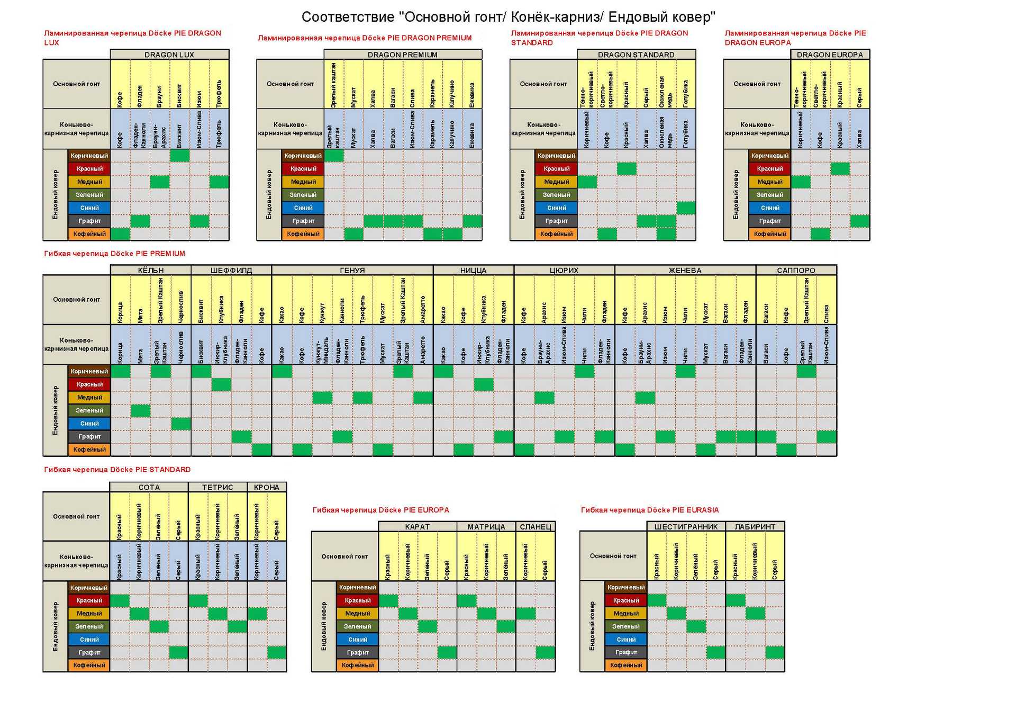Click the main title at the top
pyautogui.click(x=508, y=17)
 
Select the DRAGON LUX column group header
pyautogui.click(x=169, y=55)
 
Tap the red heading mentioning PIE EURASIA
pyautogui.click(x=650, y=510)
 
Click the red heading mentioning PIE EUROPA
pyautogui.click(x=380, y=510)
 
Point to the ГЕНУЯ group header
pyautogui.click(x=352, y=270)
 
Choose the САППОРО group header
pyautogui.click(x=796, y=270)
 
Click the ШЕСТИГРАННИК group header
pyautogui.click(x=686, y=527)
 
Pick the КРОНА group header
pyautogui.click(x=267, y=487)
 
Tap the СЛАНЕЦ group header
pyautogui.click(x=536, y=527)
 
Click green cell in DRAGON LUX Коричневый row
pyautogui.click(x=180, y=156)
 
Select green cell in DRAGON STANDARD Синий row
pyautogui.click(x=686, y=208)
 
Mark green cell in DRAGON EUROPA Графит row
pyautogui.click(x=860, y=221)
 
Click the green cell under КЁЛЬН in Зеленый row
pyautogui.click(x=141, y=410)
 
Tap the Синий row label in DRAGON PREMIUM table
pyautogui.click(x=303, y=208)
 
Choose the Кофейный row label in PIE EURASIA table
pyautogui.click(x=626, y=665)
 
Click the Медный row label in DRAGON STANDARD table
pyautogui.click(x=557, y=182)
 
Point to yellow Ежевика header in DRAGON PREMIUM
pyautogui.click(x=472, y=85)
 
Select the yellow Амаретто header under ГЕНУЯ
pyautogui.click(x=423, y=300)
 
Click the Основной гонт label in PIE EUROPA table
pyautogui.click(x=344, y=556)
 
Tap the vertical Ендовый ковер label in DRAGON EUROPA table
pyautogui.click(x=736, y=195)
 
